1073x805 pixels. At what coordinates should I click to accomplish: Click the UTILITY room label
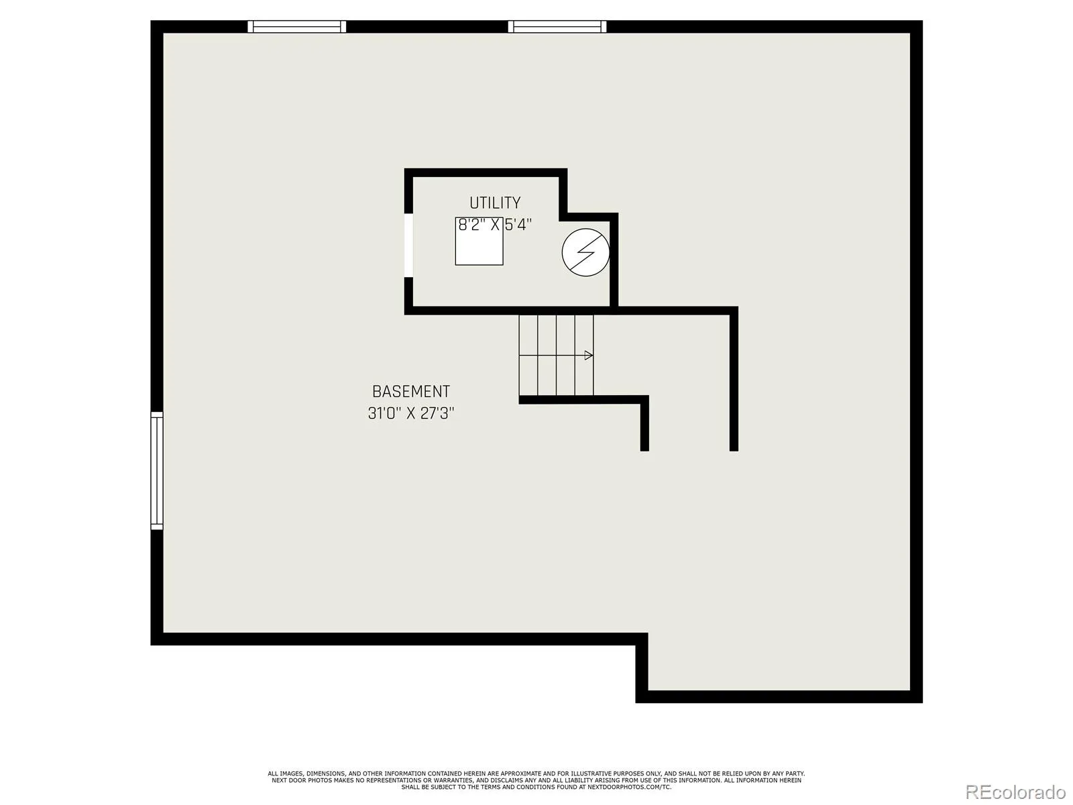[495, 203]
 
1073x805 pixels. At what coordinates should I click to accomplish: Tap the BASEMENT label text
[411, 392]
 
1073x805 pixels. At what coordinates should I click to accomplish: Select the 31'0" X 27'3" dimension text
[411, 413]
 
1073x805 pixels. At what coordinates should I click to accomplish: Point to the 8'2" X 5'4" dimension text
[495, 225]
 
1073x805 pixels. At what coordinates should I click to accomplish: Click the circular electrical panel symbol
[585, 252]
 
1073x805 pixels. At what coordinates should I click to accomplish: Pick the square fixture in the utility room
[479, 241]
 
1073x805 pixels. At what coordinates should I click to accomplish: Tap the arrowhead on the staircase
[589, 356]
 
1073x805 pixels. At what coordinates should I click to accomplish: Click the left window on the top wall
[296, 26]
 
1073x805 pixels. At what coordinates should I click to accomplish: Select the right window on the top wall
[557, 26]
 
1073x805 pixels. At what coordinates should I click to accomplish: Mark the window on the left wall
[157, 471]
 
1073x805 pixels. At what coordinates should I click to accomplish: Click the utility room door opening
[408, 245]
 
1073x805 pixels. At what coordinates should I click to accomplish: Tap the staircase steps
[557, 356]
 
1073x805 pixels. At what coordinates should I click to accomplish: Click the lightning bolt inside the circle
[585, 252]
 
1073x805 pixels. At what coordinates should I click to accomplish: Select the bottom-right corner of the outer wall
[922, 703]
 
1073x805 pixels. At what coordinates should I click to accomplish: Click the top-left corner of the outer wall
[151, 21]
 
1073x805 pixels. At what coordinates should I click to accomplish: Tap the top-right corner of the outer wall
[922, 21]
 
